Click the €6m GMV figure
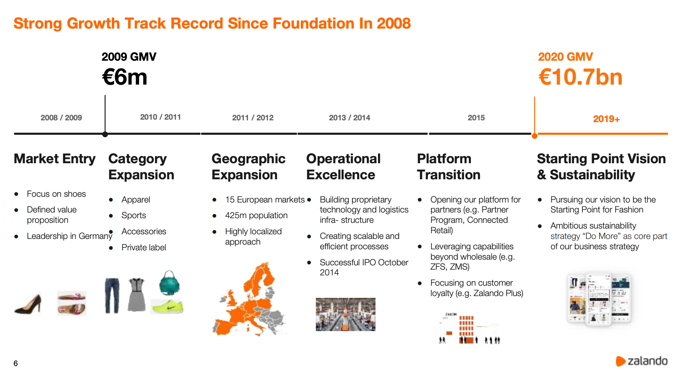[124, 77]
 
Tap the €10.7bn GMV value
[580, 77]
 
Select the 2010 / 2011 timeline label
[160, 117]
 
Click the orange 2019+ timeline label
[606, 119]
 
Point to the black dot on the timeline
[105, 134]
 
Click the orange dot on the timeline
[535, 136]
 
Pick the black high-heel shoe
[29, 304]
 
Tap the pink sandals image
[72, 303]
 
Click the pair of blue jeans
[112, 296]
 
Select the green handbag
[169, 283]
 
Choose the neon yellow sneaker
[167, 307]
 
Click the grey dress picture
[137, 295]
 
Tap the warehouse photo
[346, 315]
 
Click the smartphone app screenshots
[599, 299]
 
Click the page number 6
[16, 364]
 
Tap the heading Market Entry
[55, 159]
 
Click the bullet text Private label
[144, 247]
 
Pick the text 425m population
[256, 215]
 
